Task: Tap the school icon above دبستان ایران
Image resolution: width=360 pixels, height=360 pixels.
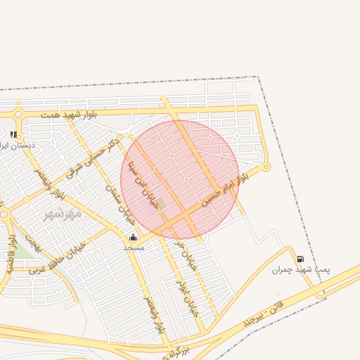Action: pyautogui.click(x=13, y=134)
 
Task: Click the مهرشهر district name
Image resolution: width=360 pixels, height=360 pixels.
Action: pyautogui.click(x=63, y=213)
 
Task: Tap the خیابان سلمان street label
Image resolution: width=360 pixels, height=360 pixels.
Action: pyautogui.click(x=120, y=204)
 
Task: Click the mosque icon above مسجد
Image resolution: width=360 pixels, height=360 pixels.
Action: pyautogui.click(x=134, y=237)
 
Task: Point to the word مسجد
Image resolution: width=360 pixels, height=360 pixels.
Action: pyautogui.click(x=134, y=247)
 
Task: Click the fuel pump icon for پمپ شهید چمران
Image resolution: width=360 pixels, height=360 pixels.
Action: pyautogui.click(x=300, y=259)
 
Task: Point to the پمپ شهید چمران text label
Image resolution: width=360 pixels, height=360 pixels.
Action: pyautogui.click(x=302, y=270)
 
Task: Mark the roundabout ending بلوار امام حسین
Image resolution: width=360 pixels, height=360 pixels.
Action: pyautogui.click(x=266, y=167)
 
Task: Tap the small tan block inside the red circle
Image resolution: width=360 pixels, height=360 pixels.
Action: pyautogui.click(x=162, y=204)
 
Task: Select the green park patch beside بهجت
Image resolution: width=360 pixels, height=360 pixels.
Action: pyautogui.click(x=23, y=250)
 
